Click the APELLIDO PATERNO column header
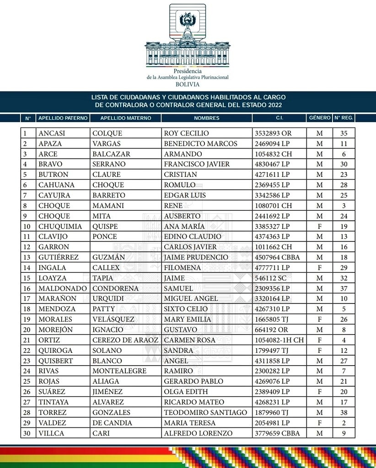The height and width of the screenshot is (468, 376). (63, 118)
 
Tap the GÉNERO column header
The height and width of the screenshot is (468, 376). (319, 118)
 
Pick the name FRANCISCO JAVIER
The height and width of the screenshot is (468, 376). (197, 164)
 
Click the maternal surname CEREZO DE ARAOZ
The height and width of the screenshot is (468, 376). (125, 340)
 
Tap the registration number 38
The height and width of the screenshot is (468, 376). (344, 413)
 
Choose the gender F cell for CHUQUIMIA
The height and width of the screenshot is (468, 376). (320, 226)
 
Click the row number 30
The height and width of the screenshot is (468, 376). (28, 433)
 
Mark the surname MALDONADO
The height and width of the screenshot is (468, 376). (63, 288)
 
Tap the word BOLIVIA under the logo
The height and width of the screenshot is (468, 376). (188, 85)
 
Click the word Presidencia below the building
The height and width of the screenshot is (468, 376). (188, 72)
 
